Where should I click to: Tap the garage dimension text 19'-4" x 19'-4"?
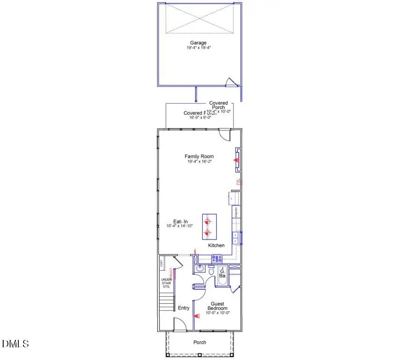[199, 47]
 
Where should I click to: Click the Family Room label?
[199, 156]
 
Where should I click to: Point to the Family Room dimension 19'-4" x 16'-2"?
[199, 162]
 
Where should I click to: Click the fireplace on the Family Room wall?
[237, 160]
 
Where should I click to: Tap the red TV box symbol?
[239, 182]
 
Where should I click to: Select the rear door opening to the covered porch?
[225, 134]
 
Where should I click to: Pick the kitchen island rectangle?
[209, 227]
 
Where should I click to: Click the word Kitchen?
[216, 245]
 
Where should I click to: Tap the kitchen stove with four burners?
[217, 258]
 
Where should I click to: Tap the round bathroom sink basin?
[199, 269]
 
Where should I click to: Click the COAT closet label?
[161, 264]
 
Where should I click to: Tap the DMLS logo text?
[15, 344]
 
